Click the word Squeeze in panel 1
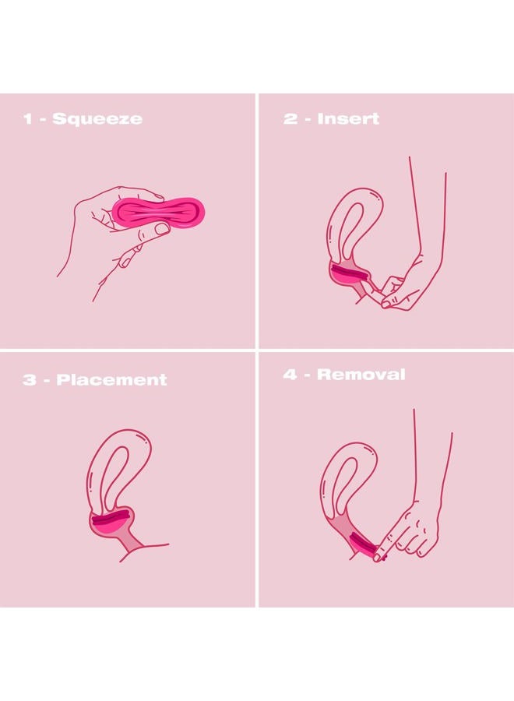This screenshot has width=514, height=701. [x=97, y=119]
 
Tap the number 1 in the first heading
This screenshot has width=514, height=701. [x=28, y=119]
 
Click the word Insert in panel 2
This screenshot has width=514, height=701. [x=348, y=119]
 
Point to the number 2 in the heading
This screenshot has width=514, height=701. [x=290, y=119]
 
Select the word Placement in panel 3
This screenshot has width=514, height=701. [x=111, y=379]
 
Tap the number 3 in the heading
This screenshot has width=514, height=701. [x=29, y=380]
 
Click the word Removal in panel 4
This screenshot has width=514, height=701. [x=361, y=374]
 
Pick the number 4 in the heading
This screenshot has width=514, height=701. [x=290, y=375]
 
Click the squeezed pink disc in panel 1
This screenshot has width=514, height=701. [x=159, y=213]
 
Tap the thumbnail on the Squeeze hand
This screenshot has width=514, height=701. [x=162, y=229]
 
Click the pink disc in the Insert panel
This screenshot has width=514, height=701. [x=349, y=274]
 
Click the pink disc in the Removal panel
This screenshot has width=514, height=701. [x=362, y=545]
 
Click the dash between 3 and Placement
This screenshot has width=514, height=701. [x=47, y=381]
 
